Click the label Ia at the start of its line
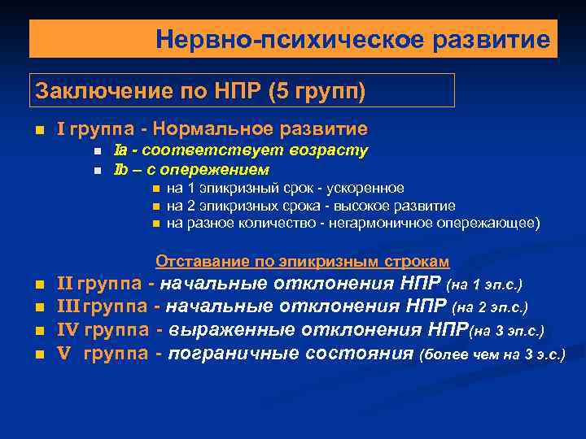click(x=119, y=150)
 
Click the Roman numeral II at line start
click(x=65, y=285)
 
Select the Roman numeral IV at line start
click(x=68, y=330)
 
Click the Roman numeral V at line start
click(x=63, y=353)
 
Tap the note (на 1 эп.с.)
click(x=484, y=285)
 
